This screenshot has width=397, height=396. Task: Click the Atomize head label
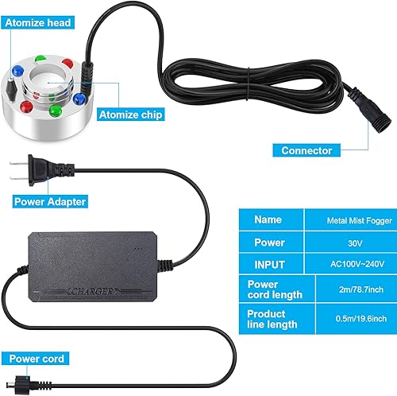pos(40,24)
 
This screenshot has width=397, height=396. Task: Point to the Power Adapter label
pos(50,201)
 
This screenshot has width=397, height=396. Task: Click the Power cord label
pos(38,358)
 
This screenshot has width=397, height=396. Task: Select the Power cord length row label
pos(276,289)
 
